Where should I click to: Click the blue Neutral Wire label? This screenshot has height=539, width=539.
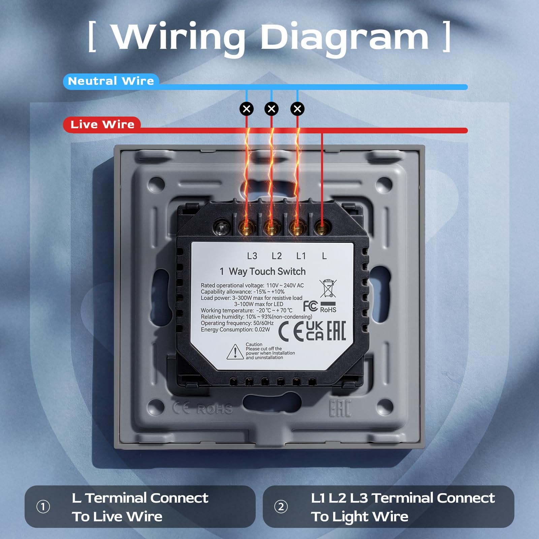tap(111, 81)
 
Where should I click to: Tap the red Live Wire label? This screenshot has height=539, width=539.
tap(102, 125)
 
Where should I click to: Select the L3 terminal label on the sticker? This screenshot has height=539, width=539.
tap(252, 256)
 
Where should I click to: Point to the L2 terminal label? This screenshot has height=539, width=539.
tap(277, 256)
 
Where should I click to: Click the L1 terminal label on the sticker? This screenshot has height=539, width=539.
tap(301, 256)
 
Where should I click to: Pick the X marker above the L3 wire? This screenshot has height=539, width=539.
tap(247, 109)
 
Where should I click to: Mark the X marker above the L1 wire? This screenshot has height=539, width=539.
tap(297, 109)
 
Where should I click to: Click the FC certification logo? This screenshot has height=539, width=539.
tap(310, 306)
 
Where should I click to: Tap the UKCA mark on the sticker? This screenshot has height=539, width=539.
tap(315, 331)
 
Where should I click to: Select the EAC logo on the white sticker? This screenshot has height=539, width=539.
tap(336, 331)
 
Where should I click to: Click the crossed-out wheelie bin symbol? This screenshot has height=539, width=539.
tap(328, 288)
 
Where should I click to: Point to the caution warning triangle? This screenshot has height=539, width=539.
tap(235, 352)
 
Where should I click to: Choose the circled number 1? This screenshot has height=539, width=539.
tap(43, 507)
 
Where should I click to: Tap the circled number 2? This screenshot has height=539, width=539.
tap(281, 507)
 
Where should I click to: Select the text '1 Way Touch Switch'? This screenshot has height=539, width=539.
tap(262, 271)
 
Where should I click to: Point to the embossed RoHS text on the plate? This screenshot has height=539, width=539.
tap(215, 409)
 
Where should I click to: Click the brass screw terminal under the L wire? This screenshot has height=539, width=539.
tap(322, 229)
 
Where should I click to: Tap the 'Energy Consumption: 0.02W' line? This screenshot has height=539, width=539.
tap(235, 329)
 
